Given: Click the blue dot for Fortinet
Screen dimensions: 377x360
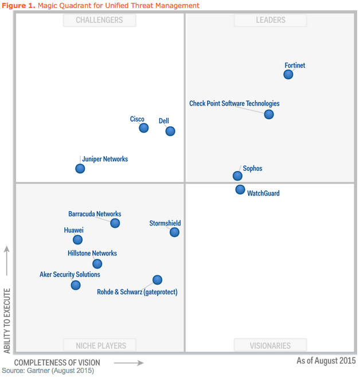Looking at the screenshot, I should coord(288,74).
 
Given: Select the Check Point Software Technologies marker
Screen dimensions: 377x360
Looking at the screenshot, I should coord(269,114).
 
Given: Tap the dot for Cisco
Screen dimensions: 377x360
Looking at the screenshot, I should coord(144,127).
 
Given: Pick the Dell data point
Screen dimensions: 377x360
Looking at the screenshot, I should coord(170,131).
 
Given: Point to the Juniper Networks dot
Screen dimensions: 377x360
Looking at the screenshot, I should coord(80,168).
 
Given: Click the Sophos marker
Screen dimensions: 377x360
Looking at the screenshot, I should coord(237,176).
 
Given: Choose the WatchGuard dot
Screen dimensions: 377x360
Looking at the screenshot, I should coord(240,189).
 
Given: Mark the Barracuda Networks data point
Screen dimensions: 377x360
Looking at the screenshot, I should coord(115,223).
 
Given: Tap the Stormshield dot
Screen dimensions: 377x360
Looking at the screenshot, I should coord(174,232).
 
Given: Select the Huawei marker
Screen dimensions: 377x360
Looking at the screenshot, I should coord(77,239).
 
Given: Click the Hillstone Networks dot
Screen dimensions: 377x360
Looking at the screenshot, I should coord(97,263).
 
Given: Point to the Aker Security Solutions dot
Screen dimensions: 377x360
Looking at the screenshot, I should coord(76,285).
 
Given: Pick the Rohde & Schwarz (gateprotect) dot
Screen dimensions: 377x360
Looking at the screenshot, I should coord(157,279).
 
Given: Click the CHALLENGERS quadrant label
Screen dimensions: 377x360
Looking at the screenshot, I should coord(100,20).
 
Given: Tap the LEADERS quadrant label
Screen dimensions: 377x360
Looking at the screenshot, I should coord(271,20).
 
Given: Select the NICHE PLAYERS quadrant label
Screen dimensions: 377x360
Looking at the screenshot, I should coord(101,345).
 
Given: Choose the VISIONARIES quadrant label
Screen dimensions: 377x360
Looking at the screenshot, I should coord(270,345).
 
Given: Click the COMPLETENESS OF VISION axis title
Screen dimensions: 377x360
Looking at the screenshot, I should coord(57,363).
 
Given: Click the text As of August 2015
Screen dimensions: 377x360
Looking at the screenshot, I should coord(326,361).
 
